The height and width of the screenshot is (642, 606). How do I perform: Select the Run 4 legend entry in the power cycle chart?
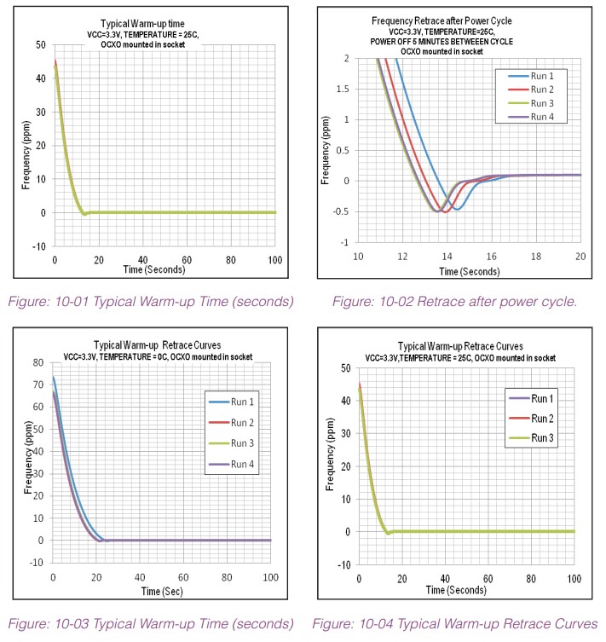tap(542, 118)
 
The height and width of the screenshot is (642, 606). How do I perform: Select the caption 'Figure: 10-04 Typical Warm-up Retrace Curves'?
tap(454, 624)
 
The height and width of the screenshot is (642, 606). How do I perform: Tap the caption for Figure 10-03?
tap(150, 624)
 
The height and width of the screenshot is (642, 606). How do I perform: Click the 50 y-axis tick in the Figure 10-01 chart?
tap(40, 44)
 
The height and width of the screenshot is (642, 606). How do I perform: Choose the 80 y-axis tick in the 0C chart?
tap(38, 362)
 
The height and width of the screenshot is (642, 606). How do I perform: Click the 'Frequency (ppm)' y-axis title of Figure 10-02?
tap(325, 150)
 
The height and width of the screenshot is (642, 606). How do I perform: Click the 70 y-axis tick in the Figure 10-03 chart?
tap(38, 385)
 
